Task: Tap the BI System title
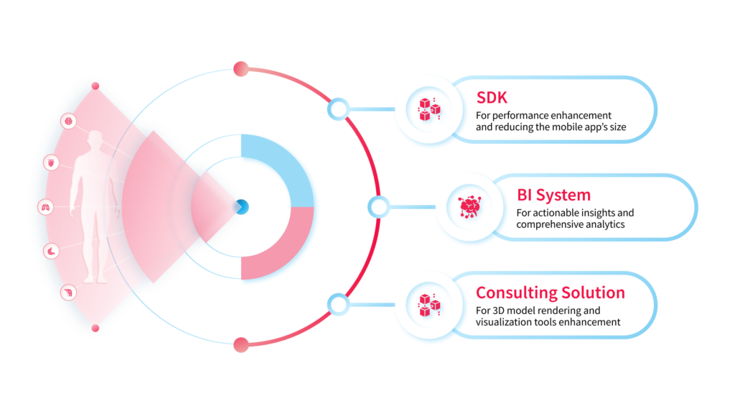pyautogui.click(x=553, y=195)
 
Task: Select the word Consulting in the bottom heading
pyautogui.click(x=516, y=293)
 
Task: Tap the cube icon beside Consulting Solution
pyautogui.click(x=429, y=304)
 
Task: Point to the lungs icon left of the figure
pyautogui.click(x=45, y=207)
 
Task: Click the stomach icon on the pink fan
pyautogui.click(x=52, y=251)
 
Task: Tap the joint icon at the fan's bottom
pyautogui.click(x=69, y=293)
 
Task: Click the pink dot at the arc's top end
pyautogui.click(x=240, y=69)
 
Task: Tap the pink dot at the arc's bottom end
pyautogui.click(x=240, y=345)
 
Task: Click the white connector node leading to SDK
pyautogui.click(x=338, y=109)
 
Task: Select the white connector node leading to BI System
pyautogui.click(x=378, y=207)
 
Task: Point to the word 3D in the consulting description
pyautogui.click(x=500, y=310)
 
